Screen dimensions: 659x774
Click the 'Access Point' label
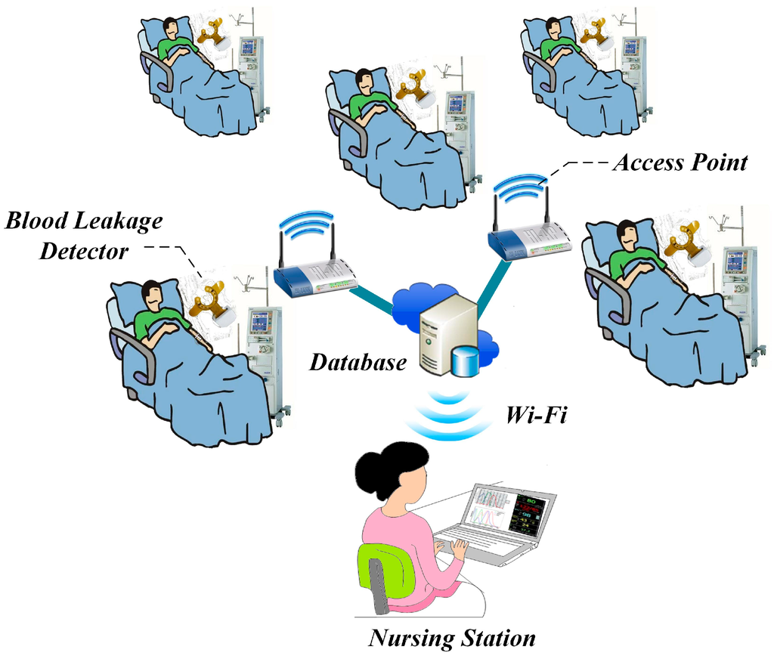pyautogui.click(x=680, y=162)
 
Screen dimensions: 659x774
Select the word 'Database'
pyautogui.click(x=358, y=362)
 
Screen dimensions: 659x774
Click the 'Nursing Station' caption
pyautogui.click(x=451, y=638)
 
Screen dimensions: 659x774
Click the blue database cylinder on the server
pyautogui.click(x=465, y=360)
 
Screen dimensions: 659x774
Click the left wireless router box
pyautogui.click(x=314, y=279)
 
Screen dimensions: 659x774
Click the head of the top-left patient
pyautogui.click(x=171, y=28)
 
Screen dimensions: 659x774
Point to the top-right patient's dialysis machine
pyautogui.click(x=633, y=72)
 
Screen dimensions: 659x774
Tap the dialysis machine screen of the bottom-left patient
pyautogui.click(x=261, y=321)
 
